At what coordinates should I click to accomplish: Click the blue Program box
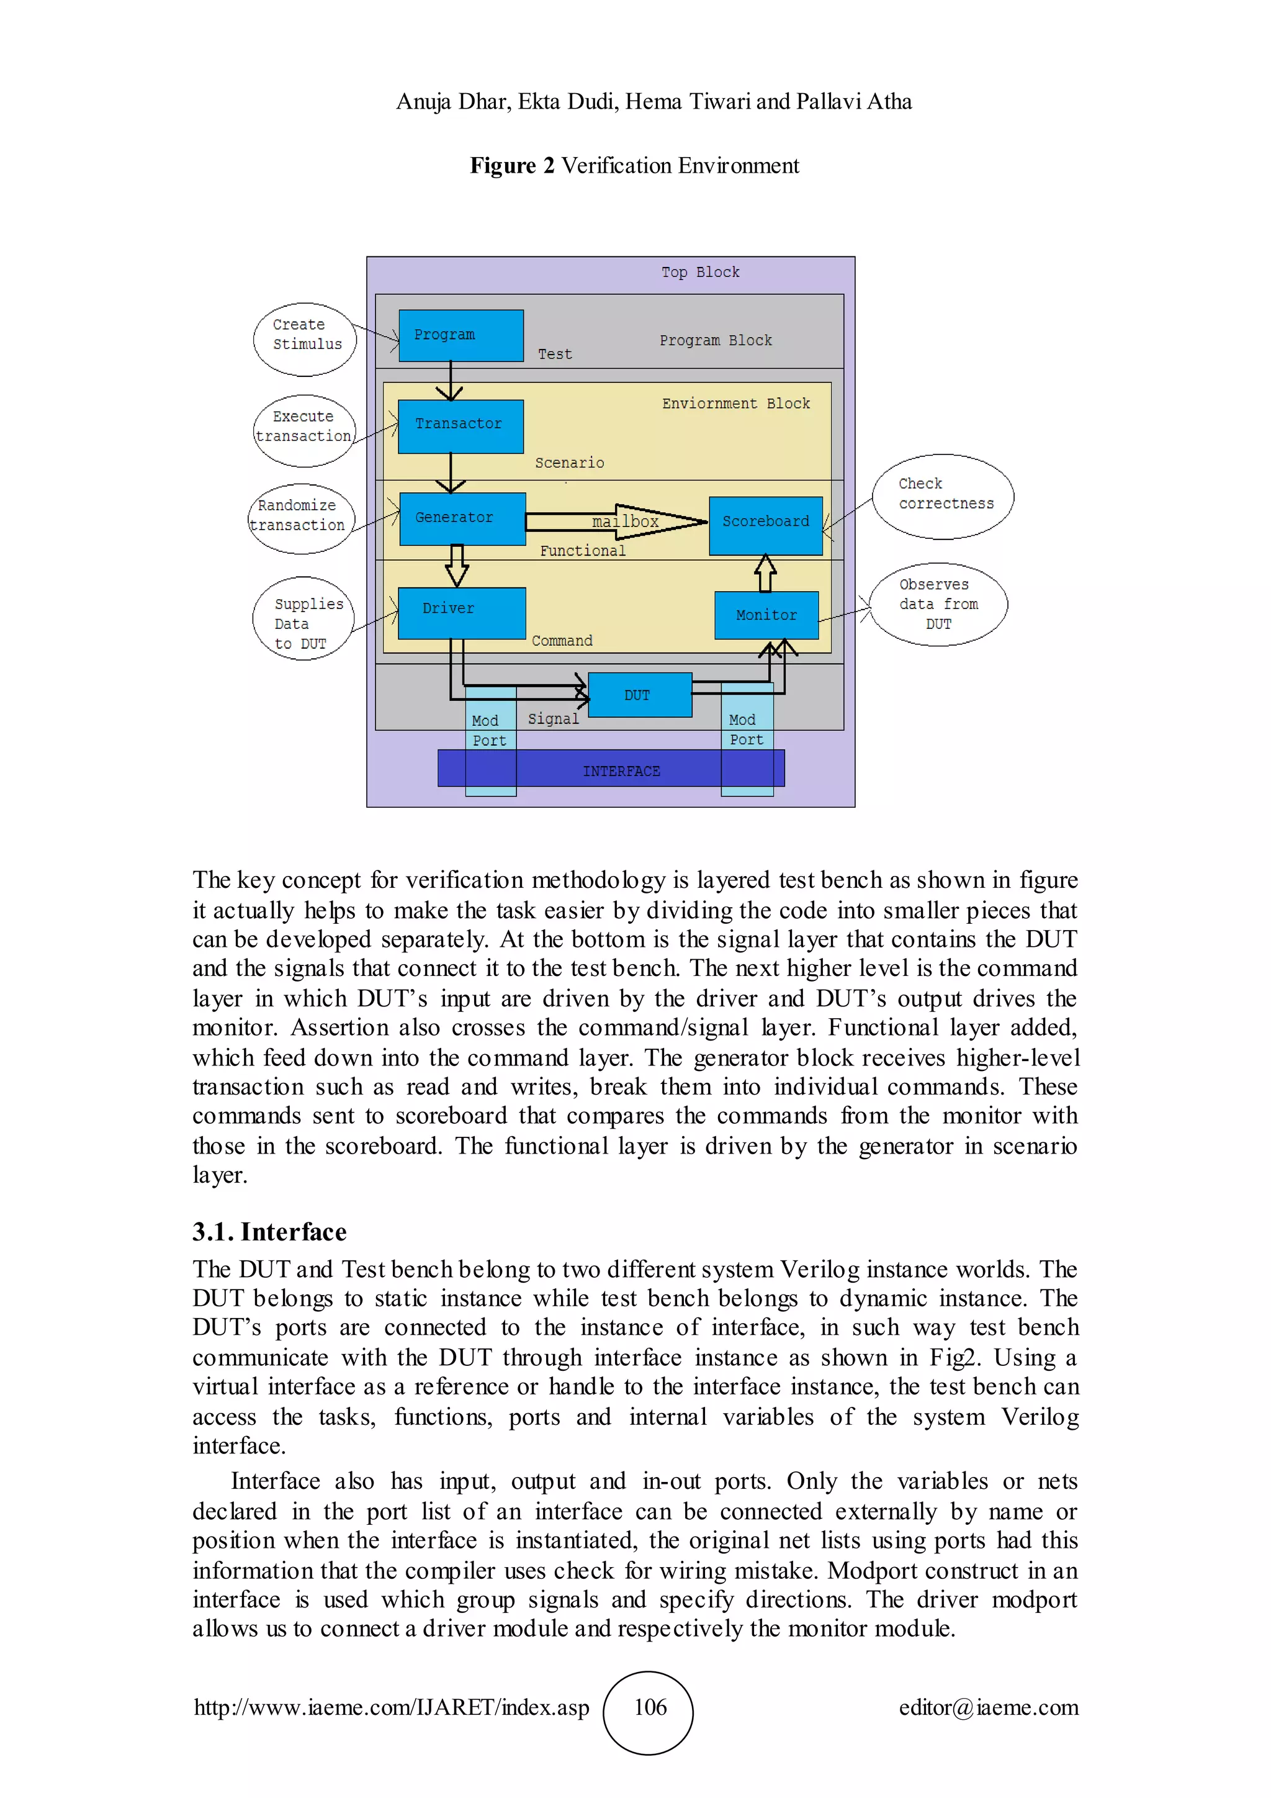click(x=460, y=335)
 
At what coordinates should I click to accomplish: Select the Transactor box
click(x=460, y=426)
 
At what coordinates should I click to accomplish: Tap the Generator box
click(x=462, y=518)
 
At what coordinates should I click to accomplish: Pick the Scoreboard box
click(x=765, y=525)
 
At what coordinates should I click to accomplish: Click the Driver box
click(x=461, y=612)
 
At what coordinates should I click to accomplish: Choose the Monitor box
click(x=766, y=615)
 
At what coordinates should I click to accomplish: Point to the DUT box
click(x=639, y=695)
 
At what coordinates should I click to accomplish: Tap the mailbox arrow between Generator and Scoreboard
click(x=618, y=522)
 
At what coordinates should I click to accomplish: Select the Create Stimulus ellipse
click(x=305, y=339)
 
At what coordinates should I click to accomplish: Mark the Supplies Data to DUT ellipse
click(x=303, y=618)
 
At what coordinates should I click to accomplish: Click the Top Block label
click(x=699, y=273)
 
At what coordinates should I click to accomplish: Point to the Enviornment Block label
click(x=735, y=404)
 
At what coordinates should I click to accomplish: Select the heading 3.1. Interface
click(x=269, y=1232)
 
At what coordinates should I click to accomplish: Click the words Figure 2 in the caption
click(x=512, y=166)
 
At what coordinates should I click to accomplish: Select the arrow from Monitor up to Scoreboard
click(x=765, y=573)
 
